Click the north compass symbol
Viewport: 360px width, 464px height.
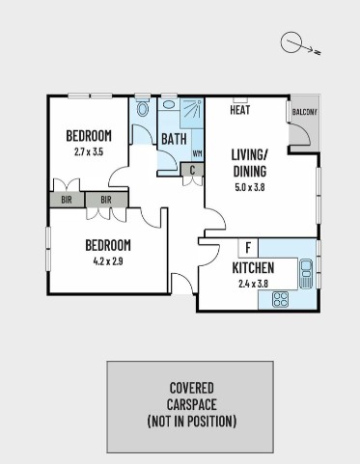tap(300, 43)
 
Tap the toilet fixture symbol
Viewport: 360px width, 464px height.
tap(143, 108)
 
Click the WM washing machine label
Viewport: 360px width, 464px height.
tap(198, 153)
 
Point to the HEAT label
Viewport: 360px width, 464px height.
tap(240, 110)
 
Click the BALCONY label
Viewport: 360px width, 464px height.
tap(305, 112)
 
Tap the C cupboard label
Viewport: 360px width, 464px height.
tap(192, 170)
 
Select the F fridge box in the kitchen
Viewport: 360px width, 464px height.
tap(248, 248)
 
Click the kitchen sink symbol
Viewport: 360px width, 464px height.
tap(306, 274)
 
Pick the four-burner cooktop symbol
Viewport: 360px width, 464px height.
tap(280, 299)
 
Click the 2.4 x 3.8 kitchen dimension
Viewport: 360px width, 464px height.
tap(253, 284)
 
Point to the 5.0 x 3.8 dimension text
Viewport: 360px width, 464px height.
tap(250, 187)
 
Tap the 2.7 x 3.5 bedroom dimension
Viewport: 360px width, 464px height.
tap(89, 151)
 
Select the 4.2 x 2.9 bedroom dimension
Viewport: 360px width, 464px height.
tap(108, 261)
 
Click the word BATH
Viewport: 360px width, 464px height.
tap(174, 139)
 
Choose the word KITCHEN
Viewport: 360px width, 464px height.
tap(253, 268)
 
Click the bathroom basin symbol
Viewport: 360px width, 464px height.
tap(169, 104)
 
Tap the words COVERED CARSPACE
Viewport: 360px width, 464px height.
tap(192, 396)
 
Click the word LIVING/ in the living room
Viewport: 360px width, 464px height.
tap(249, 154)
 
